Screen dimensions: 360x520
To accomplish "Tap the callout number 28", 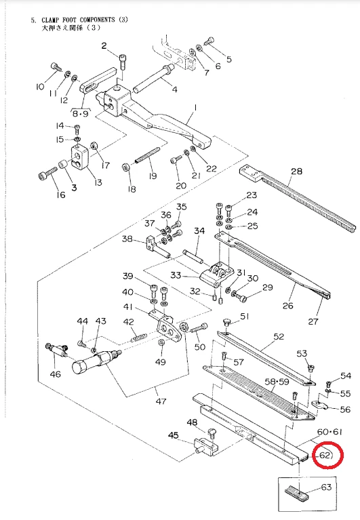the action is (x=296, y=171).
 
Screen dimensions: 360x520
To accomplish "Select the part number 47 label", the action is (x=161, y=401).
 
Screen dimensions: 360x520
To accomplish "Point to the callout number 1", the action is (x=195, y=108).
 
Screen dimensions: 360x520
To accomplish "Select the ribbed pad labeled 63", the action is (x=297, y=493).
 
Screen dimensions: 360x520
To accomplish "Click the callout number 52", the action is (x=279, y=336).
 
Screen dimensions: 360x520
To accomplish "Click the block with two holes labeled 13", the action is (x=79, y=157).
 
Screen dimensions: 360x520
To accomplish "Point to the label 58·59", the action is (x=277, y=382).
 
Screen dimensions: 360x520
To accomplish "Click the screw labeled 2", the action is (x=123, y=62).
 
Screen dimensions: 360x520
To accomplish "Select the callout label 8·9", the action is (x=81, y=114).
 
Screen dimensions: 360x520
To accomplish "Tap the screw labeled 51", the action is (x=227, y=322).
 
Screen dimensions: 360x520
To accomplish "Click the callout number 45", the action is (x=174, y=435).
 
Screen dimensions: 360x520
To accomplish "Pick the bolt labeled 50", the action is (x=198, y=329).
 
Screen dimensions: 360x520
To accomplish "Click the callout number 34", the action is (x=199, y=231).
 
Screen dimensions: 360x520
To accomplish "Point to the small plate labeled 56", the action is (x=320, y=404).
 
